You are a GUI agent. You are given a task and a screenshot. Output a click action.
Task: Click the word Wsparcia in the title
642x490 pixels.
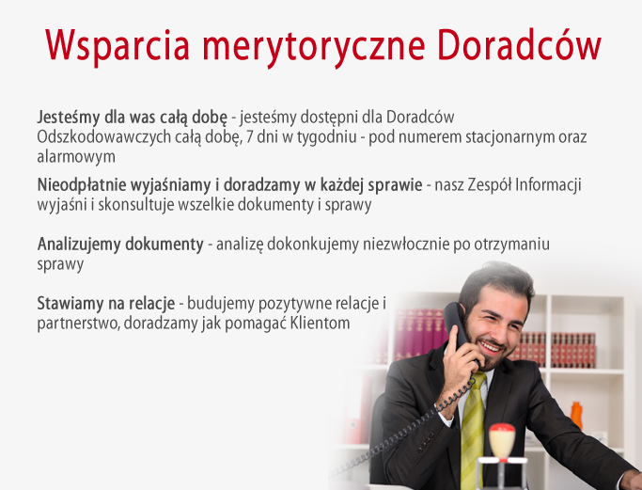click(117, 46)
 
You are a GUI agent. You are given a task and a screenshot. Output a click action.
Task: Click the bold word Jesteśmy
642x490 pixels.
click(69, 118)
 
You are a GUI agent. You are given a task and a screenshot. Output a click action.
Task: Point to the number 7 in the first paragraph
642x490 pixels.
click(250, 136)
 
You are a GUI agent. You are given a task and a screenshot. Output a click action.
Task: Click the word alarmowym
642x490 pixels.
click(76, 156)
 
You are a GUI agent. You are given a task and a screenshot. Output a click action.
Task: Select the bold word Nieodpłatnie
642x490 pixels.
click(82, 185)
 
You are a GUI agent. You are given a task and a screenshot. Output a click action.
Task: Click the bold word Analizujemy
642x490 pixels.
click(79, 245)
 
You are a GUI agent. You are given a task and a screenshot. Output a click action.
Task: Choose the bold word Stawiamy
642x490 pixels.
click(70, 304)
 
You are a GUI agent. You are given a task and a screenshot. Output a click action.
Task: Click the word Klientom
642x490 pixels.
click(320, 324)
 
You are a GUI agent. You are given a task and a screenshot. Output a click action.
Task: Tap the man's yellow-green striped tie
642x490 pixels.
click(473, 430)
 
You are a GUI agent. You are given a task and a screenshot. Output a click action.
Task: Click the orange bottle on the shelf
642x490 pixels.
click(576, 416)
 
